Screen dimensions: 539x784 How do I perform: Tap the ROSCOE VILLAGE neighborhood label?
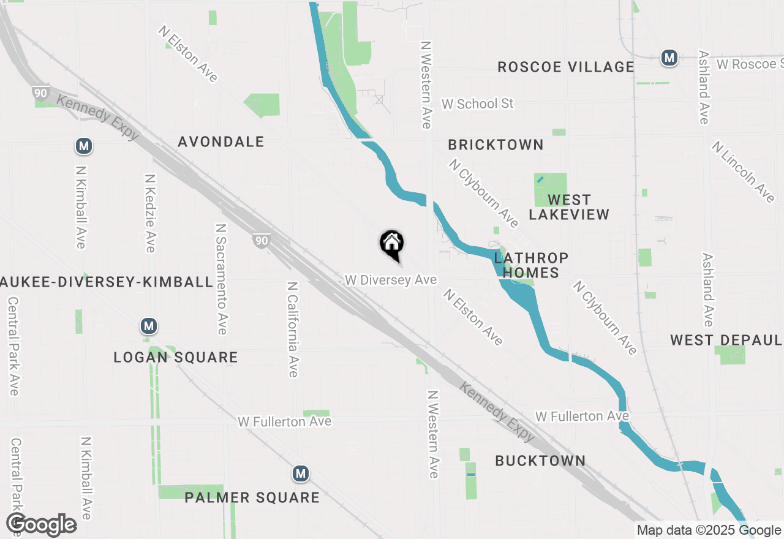pos(565,67)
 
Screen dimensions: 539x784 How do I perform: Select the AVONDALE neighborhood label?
pos(221,142)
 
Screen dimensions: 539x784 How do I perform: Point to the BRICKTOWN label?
pos(496,145)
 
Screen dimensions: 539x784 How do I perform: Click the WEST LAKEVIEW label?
pos(569,207)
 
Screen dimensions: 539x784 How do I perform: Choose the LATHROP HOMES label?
pos(531,265)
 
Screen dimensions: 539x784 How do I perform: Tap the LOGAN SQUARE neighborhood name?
pos(176,357)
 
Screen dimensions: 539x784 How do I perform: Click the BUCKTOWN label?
pos(540,461)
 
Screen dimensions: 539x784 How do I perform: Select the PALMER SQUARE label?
pos(252,497)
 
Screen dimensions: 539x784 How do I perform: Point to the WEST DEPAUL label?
pos(726,341)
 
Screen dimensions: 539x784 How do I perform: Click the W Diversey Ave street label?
pos(391,280)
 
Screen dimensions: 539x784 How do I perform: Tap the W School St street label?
pos(478,104)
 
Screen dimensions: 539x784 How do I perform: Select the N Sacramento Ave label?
pos(221,279)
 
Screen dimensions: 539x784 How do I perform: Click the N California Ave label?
pos(293,329)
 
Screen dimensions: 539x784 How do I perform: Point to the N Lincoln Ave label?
pos(743,171)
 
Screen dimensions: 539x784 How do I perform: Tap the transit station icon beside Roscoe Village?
pos(669,58)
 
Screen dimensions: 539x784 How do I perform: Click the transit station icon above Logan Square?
pos(148,325)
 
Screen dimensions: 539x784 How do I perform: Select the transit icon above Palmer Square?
pos(300,473)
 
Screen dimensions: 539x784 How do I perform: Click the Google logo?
pos(42,524)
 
